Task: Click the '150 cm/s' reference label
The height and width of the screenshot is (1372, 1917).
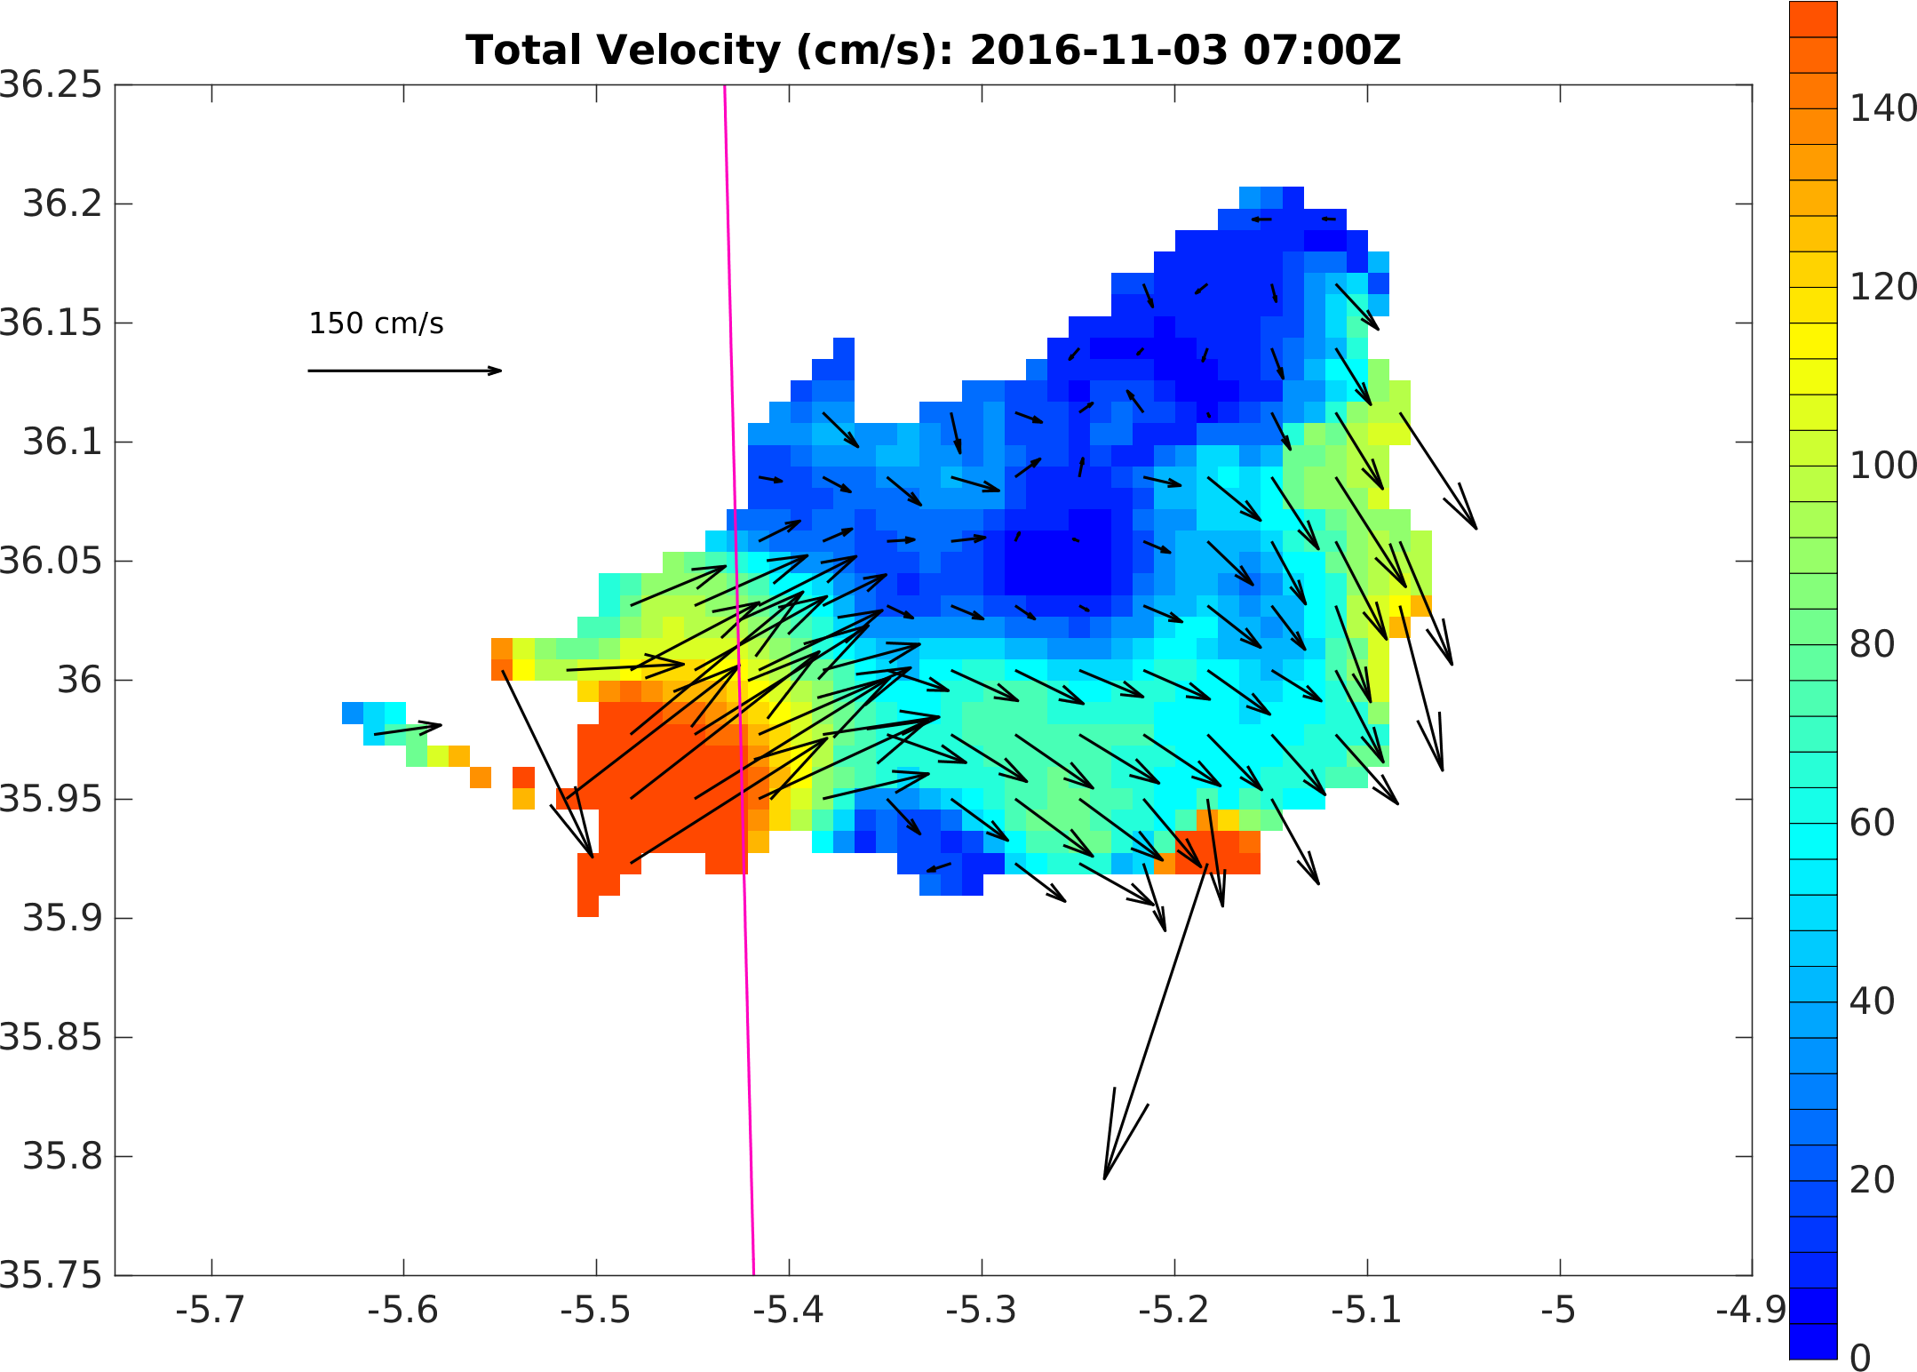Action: (x=376, y=323)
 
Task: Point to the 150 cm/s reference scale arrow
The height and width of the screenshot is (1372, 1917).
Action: (x=404, y=371)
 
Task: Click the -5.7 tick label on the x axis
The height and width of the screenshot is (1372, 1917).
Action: (x=211, y=1311)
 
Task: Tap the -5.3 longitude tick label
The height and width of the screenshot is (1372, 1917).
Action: (x=981, y=1311)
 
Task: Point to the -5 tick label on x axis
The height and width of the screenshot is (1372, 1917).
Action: (x=1559, y=1311)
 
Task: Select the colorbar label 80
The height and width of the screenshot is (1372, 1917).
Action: (x=1873, y=644)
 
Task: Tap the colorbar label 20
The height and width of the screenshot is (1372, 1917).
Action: (x=1873, y=1180)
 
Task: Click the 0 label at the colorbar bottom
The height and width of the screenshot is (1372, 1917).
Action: (x=1860, y=1358)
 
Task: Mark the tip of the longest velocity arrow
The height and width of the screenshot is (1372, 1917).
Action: (x=1104, y=1179)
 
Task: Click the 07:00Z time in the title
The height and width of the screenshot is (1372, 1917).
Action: (x=1322, y=51)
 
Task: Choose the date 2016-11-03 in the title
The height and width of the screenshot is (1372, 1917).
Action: (x=1098, y=51)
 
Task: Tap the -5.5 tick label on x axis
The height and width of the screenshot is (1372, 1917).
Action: (x=595, y=1311)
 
